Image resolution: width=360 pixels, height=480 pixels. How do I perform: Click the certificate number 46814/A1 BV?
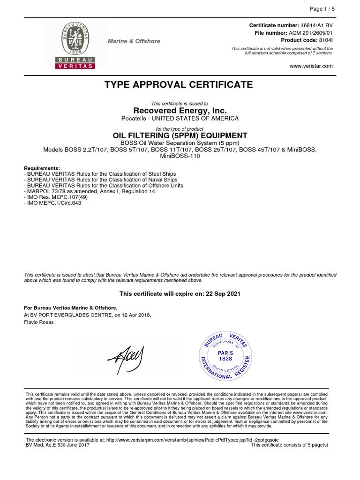click(x=316, y=25)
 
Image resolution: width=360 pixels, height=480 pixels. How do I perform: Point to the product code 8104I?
click(x=325, y=40)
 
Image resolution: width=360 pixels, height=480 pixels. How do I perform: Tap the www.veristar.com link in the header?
click(x=311, y=66)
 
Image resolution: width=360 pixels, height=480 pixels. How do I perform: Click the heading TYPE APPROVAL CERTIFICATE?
click(x=178, y=85)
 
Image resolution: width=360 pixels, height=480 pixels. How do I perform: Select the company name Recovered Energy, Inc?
click(x=180, y=111)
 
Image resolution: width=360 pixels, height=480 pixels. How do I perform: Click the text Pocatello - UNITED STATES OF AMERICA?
click(x=180, y=119)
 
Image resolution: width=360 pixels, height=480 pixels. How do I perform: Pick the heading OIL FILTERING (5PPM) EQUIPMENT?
click(x=180, y=135)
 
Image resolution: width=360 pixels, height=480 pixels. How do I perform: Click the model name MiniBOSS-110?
click(x=180, y=156)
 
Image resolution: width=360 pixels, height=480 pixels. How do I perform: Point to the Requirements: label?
click(x=42, y=168)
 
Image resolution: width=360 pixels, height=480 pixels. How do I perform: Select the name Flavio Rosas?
click(x=39, y=322)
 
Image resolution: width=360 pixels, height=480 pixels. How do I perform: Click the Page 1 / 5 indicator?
click(x=321, y=9)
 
